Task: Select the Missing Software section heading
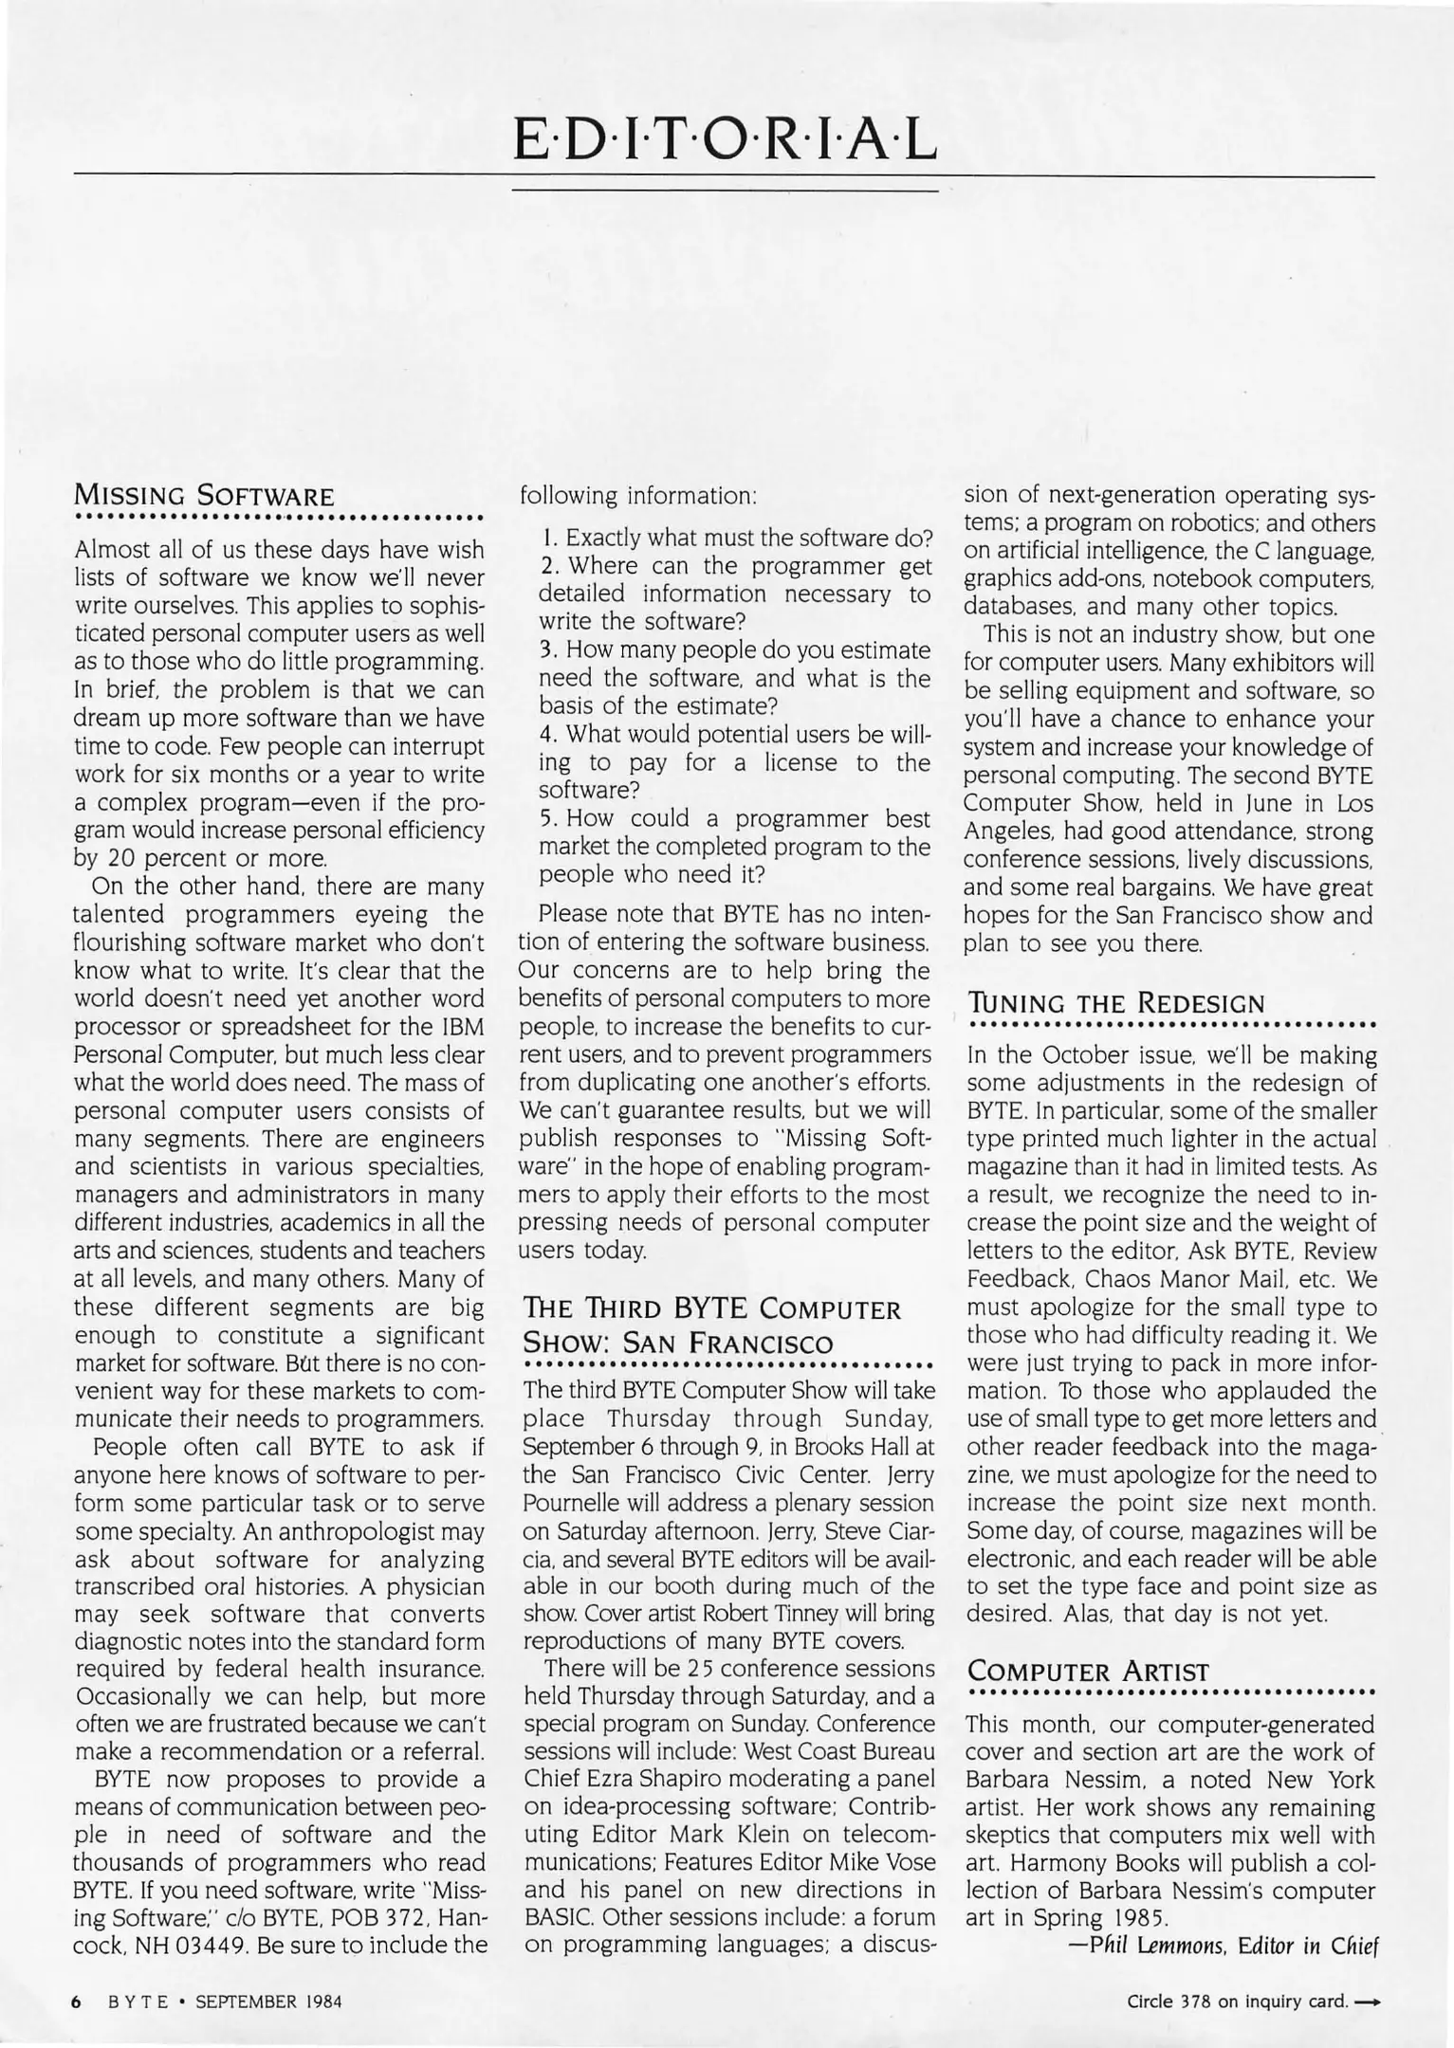pyautogui.click(x=204, y=495)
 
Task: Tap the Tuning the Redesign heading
pyautogui.click(x=1115, y=1003)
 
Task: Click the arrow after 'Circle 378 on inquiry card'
pyautogui.click(x=1366, y=2002)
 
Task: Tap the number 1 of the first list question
pyautogui.click(x=547, y=538)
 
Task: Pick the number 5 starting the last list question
pyautogui.click(x=545, y=817)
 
